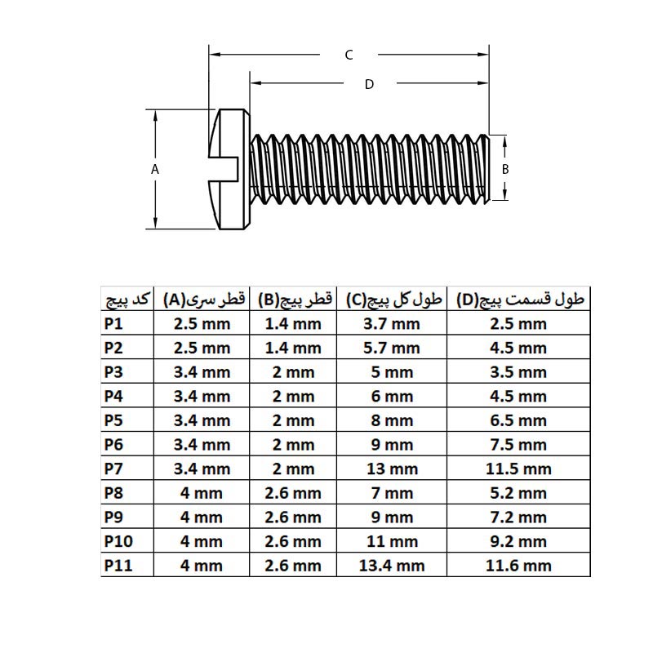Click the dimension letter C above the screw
coord(349,55)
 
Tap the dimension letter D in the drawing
coord(369,84)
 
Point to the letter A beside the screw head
coord(154,169)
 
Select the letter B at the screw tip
coord(505,169)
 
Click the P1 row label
coord(113,323)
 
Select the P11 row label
coord(118,565)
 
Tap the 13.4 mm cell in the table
coord(392,565)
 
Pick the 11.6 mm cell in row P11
coord(519,565)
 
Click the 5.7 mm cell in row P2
coord(392,348)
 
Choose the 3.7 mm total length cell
coord(392,323)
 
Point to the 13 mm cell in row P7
coord(392,469)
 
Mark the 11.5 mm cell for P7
coord(519,469)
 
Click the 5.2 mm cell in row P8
coord(519,493)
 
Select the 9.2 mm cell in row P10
coord(519,541)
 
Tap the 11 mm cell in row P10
coord(392,541)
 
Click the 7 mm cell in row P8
coord(392,493)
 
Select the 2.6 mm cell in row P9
coord(293,517)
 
